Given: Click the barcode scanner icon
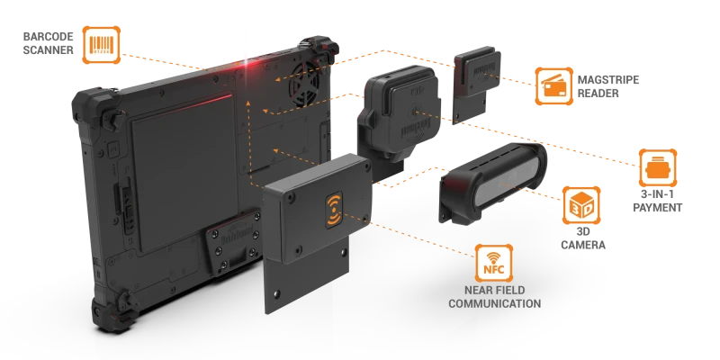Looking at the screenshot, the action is click(x=102, y=44).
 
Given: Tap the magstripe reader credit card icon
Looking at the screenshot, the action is click(x=553, y=86).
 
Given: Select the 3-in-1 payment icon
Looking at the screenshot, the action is click(x=658, y=167).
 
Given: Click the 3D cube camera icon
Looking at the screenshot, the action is click(x=581, y=205).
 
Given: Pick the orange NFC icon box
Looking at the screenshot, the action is click(x=493, y=263).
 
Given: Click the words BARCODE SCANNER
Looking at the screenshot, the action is click(x=49, y=43).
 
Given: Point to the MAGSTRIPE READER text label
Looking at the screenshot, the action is click(x=608, y=86).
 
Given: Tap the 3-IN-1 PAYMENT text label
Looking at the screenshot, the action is click(x=658, y=201).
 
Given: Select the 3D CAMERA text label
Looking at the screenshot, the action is click(x=583, y=238).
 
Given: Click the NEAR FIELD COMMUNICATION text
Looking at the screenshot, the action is click(x=494, y=297).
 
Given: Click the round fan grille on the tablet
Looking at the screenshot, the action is click(x=306, y=84).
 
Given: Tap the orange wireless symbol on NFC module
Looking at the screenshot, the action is click(x=334, y=210).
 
